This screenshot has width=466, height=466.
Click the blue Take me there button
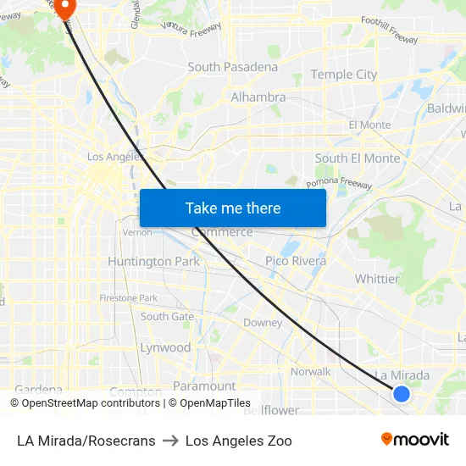pos(233,208)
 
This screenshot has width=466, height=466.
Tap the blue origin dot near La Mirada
pos(402,393)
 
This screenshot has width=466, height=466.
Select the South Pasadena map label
pos(232,67)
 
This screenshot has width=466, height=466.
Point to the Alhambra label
pos(258,97)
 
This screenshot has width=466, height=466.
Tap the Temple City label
pos(343,75)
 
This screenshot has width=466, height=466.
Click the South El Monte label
pos(357,158)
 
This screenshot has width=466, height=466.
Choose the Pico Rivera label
pos(296,261)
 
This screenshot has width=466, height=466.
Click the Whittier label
pos(377,279)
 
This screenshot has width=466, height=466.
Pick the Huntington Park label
pos(153,262)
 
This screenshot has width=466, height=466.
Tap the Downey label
pos(263,323)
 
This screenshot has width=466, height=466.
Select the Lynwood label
pos(165,347)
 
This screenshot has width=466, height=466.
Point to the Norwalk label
pos(310,372)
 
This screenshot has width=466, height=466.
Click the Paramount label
pos(204,386)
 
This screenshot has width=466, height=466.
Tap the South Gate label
pos(167,317)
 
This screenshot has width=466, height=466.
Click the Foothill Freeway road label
pos(389,37)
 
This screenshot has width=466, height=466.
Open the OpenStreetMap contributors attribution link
pos(91,403)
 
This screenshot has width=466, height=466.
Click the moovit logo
pos(414,439)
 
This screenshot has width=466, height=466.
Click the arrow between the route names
pos(170,441)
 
